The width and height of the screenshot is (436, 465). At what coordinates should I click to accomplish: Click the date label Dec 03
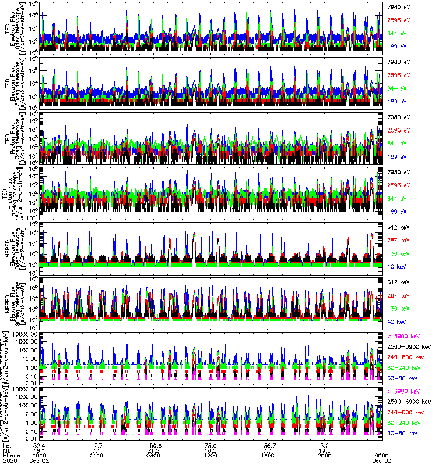pyautogui.click(x=381, y=461)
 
